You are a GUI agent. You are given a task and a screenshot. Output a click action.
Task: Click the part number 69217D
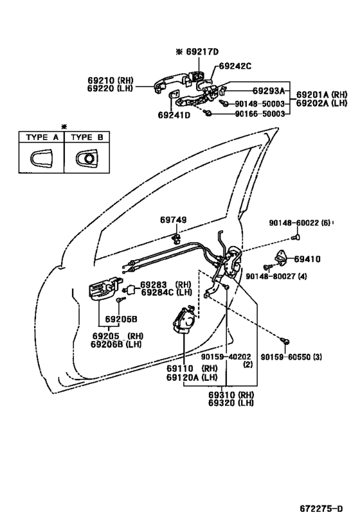click(x=202, y=51)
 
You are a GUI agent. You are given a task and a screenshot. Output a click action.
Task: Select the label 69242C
click(x=235, y=66)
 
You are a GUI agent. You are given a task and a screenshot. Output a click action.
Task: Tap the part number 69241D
click(x=174, y=115)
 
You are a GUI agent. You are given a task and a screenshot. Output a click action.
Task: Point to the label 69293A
click(x=269, y=91)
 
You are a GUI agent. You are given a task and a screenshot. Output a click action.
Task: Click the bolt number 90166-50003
click(x=260, y=114)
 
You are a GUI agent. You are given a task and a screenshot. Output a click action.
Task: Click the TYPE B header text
click(x=87, y=137)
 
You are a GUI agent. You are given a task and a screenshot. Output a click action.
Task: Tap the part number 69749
click(x=174, y=220)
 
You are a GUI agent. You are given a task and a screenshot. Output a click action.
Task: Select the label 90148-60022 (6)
click(x=300, y=222)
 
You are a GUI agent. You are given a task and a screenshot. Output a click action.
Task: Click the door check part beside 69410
click(x=282, y=258)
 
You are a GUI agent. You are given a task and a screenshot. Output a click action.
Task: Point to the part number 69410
click(x=307, y=259)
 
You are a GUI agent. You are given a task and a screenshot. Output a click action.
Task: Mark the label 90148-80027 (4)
click(x=276, y=276)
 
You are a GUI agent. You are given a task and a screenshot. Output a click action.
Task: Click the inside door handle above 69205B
click(x=103, y=288)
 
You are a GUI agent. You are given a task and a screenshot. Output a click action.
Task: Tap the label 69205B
click(x=122, y=319)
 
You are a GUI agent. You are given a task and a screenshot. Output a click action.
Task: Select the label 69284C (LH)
click(x=166, y=292)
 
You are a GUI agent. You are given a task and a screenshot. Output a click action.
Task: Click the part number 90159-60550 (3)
click(x=291, y=357)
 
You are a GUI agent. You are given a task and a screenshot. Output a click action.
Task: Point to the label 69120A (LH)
click(x=192, y=378)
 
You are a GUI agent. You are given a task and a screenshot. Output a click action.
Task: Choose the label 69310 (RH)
click(x=231, y=394)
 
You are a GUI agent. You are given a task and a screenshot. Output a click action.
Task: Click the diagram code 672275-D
click(x=321, y=509)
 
